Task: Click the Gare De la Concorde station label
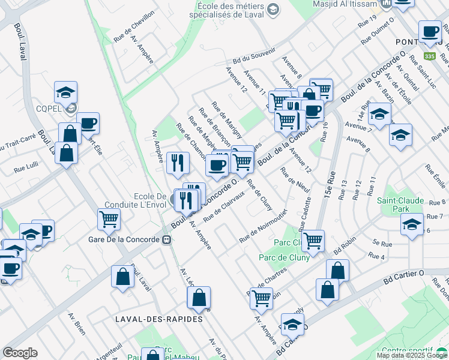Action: point(131,239)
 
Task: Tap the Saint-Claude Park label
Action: point(401,205)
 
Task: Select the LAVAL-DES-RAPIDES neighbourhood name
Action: point(159,319)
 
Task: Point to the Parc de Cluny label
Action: point(284,257)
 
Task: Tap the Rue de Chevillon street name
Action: point(134,26)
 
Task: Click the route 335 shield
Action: point(429,56)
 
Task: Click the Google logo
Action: point(19,353)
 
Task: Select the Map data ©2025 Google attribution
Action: point(412,355)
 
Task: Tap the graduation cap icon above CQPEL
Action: point(65,92)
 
